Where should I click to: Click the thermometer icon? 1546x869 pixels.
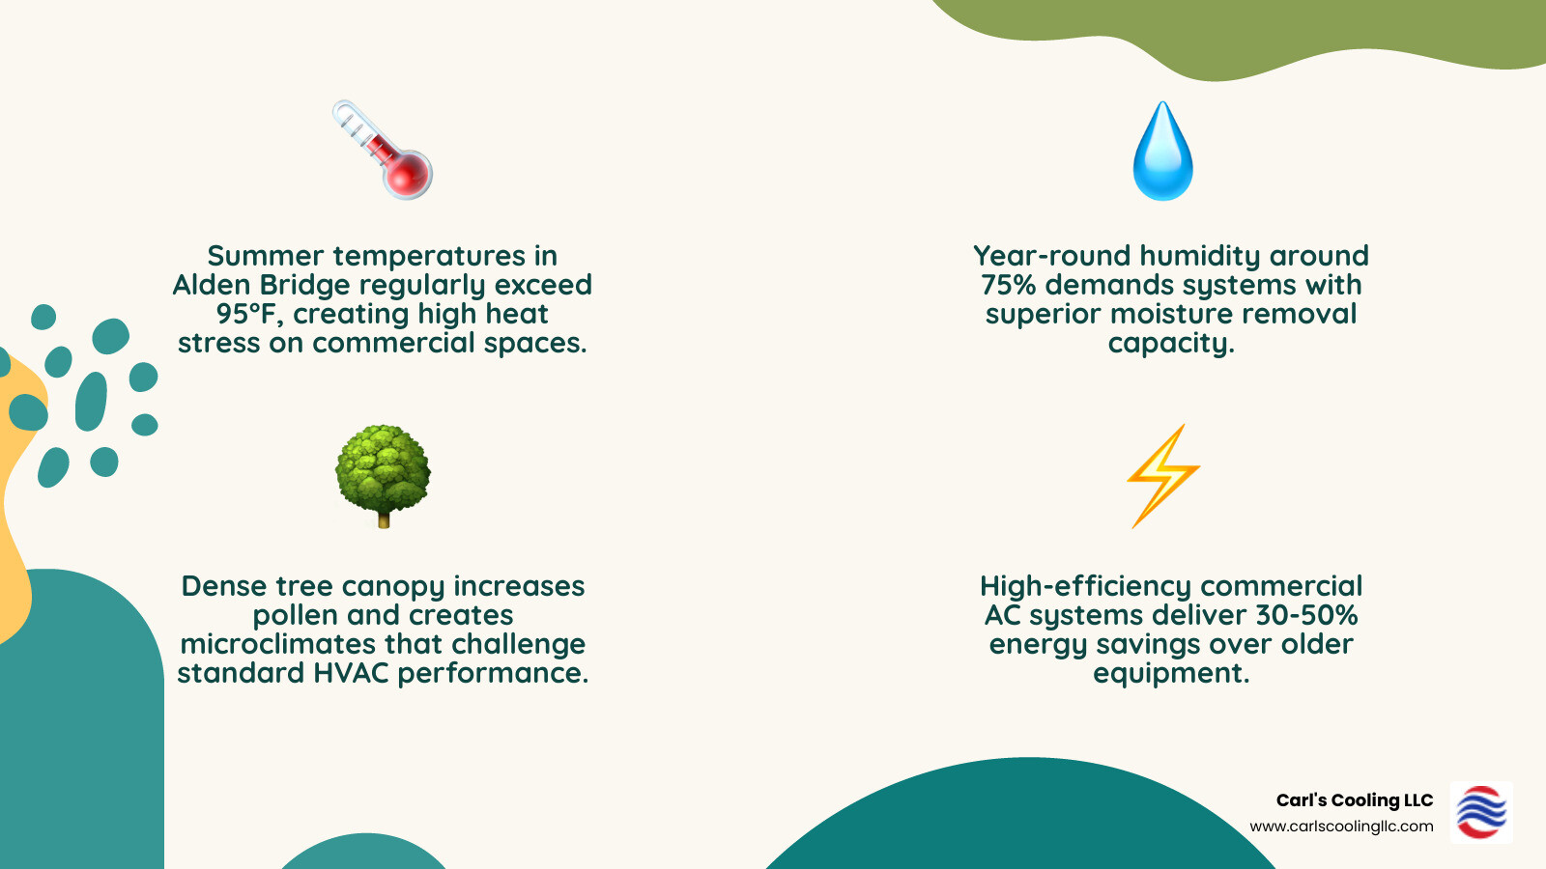[x=383, y=150]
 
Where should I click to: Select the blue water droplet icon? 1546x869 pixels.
[x=1162, y=152]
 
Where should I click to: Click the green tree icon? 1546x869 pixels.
[x=383, y=473]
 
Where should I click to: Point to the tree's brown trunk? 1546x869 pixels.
[x=384, y=519]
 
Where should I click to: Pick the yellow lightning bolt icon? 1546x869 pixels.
[x=1163, y=475]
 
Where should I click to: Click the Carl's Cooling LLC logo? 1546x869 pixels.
[x=1481, y=812]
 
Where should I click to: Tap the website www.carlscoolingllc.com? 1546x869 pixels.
[x=1341, y=827]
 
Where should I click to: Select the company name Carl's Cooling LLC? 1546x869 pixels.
[x=1354, y=800]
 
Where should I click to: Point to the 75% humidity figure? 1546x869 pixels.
[x=1009, y=285]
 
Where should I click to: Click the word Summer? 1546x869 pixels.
[x=265, y=256]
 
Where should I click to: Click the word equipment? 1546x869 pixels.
[x=1170, y=673]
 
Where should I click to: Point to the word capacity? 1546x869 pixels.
[x=1170, y=344]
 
